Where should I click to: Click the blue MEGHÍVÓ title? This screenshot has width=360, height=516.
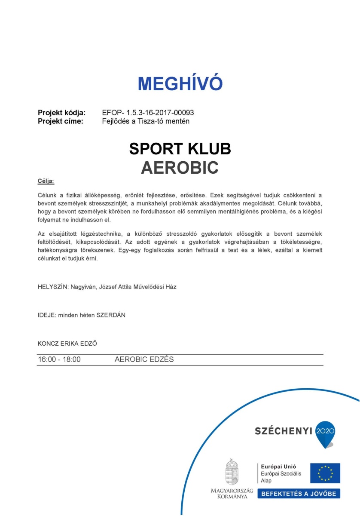click(x=180, y=83)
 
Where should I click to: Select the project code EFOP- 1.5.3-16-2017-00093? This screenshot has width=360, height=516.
click(x=148, y=113)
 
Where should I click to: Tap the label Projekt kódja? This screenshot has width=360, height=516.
click(x=62, y=113)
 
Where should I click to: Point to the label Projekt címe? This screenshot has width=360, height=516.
click(x=61, y=121)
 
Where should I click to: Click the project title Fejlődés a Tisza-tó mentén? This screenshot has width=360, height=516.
click(x=146, y=121)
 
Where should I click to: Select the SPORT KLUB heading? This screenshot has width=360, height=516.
click(x=180, y=149)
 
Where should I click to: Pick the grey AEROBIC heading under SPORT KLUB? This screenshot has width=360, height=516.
click(x=180, y=168)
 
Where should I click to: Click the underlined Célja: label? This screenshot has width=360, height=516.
click(x=46, y=181)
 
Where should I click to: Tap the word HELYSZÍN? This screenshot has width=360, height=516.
click(x=51, y=287)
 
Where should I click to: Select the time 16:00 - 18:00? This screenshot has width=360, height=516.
click(x=59, y=359)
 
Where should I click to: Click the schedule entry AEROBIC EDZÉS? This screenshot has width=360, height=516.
click(x=144, y=359)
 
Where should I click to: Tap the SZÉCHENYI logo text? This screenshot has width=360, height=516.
click(x=283, y=431)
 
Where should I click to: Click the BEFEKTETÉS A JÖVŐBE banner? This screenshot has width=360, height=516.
click(x=299, y=493)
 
